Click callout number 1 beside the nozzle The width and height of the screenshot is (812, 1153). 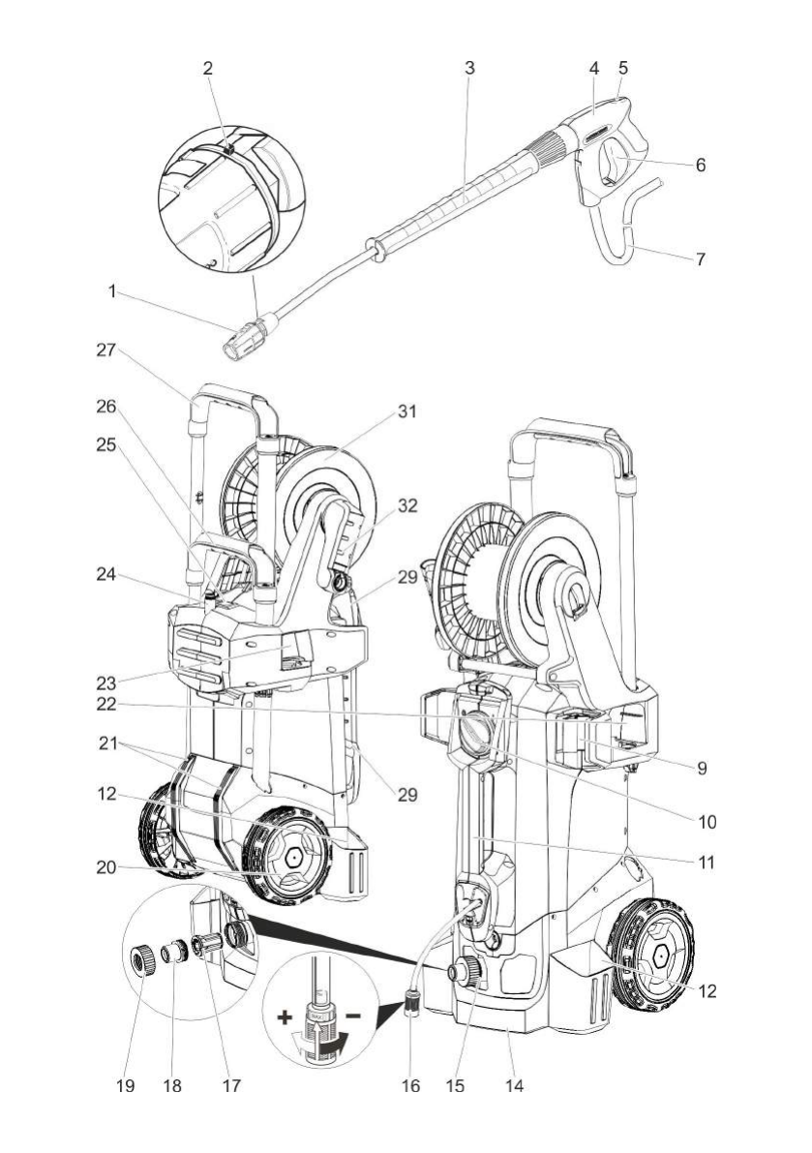coord(111,292)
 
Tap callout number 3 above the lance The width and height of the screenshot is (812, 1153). coord(469,68)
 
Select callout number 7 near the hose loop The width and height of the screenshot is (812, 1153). coord(701,258)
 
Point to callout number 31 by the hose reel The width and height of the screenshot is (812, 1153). coord(407,411)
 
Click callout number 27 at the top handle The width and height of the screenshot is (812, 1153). coord(105,350)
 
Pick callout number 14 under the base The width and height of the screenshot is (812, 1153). coord(515,1085)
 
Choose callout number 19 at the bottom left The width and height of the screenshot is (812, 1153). coord(126,1085)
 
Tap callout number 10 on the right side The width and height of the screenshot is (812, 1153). coord(707,821)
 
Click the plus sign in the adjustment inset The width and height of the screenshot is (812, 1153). coord(285,1018)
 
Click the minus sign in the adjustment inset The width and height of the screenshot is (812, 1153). coord(352,1016)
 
